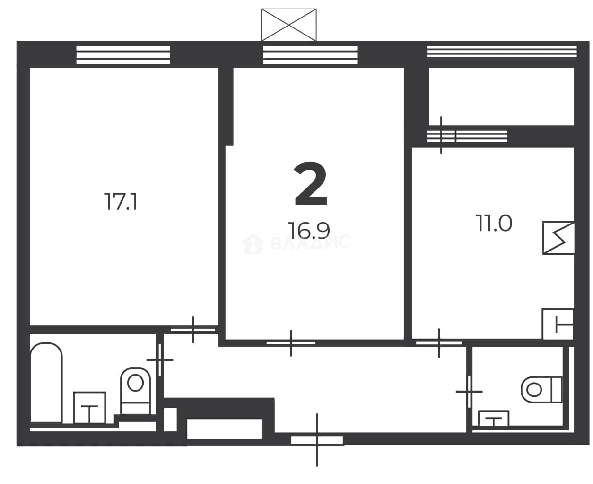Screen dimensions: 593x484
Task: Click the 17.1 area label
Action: [121, 201]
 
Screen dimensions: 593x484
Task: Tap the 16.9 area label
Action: [309, 230]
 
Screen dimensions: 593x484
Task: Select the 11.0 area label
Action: [494, 223]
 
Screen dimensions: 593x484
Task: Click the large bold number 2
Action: [311, 184]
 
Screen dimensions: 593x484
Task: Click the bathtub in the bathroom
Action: [46, 383]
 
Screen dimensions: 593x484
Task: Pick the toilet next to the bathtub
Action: [135, 391]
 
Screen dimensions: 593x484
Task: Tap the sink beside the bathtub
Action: [89, 408]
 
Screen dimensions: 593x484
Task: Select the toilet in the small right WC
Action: [541, 389]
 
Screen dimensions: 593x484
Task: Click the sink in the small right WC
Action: [494, 419]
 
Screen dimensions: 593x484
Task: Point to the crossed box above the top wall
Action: [289, 25]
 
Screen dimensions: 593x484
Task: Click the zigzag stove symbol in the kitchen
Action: [558, 238]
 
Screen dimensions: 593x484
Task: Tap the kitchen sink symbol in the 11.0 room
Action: [558, 324]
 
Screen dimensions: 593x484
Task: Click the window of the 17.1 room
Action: [123, 55]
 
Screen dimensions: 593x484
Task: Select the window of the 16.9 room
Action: [310, 55]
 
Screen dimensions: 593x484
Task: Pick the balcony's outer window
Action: [502, 52]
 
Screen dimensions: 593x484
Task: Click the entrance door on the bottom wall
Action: [317, 440]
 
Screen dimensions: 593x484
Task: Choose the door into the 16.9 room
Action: [291, 343]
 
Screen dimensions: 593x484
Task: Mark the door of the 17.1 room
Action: [192, 330]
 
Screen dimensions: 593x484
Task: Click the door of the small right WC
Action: [469, 392]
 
